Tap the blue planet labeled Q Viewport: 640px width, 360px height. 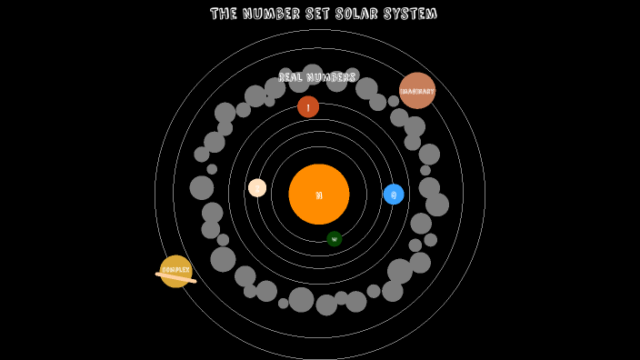coord(394,194)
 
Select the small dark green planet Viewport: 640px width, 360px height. coord(335,239)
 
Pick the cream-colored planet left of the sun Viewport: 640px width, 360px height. coord(257,188)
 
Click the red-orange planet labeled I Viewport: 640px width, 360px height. coord(308,107)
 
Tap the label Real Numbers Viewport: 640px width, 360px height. coord(317,77)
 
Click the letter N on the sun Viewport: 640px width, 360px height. coord(319,195)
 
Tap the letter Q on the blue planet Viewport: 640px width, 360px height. coord(394,195)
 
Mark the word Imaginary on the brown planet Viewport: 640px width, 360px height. coord(418,91)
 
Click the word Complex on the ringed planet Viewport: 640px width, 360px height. coord(175,270)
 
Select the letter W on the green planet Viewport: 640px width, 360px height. coord(335,240)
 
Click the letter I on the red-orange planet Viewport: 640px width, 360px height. coord(308,108)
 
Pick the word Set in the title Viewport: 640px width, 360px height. coord(316,14)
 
